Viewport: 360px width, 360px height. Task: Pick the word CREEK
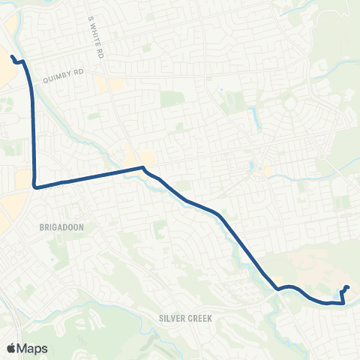coord(198,318)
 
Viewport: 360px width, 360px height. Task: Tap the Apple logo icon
coord(11,347)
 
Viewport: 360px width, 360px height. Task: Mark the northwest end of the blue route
coord(12,56)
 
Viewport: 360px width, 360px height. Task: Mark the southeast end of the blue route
coord(348,287)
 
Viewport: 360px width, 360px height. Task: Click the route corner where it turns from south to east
coord(34,187)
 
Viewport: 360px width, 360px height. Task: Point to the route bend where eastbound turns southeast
coord(142,168)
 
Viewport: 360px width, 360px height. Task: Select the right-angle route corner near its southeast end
coord(343,303)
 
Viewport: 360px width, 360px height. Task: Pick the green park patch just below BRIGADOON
coord(60,251)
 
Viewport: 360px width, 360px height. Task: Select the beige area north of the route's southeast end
coord(315,266)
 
